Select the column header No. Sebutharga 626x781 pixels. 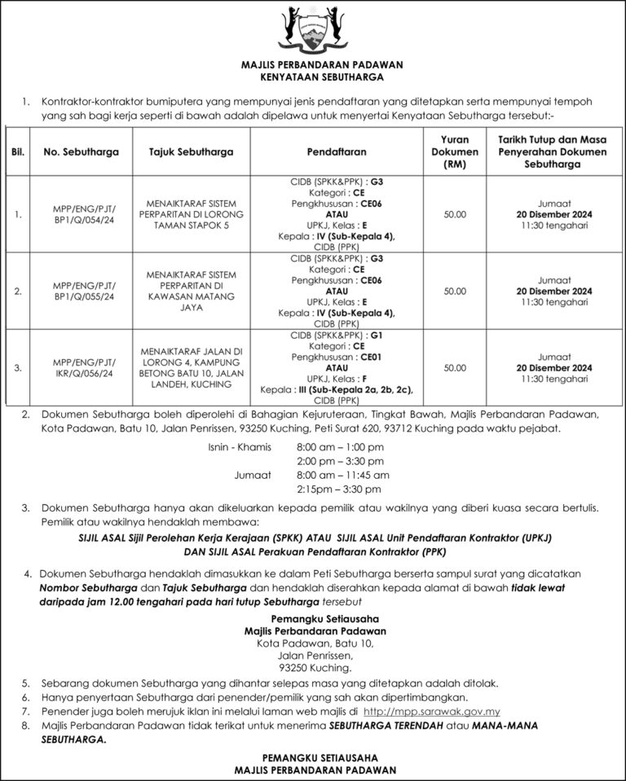coord(82,152)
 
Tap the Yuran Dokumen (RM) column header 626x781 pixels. coord(455,152)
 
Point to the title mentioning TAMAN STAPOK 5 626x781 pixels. coord(192,214)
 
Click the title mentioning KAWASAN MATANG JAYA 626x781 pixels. coord(192,291)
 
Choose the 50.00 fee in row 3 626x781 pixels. coord(455,368)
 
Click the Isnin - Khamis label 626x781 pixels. coord(240,447)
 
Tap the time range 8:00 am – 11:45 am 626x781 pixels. coord(342,475)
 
